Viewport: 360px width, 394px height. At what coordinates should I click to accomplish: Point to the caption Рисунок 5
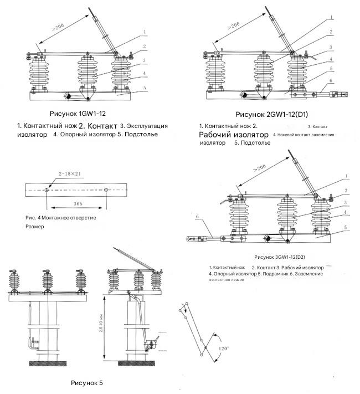[x=87, y=382]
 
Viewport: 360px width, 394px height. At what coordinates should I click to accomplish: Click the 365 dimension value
[x=78, y=204]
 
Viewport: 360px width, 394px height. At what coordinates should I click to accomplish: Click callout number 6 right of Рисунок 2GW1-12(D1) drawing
[x=331, y=80]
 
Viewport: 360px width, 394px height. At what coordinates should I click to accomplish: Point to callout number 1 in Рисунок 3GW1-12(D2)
[x=347, y=177]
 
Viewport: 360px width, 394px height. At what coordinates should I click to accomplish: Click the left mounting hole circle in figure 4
[x=48, y=190]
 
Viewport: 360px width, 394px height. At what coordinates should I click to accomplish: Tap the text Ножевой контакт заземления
[x=303, y=135]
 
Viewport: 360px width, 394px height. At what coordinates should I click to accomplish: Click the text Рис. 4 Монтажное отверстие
[x=61, y=218]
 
